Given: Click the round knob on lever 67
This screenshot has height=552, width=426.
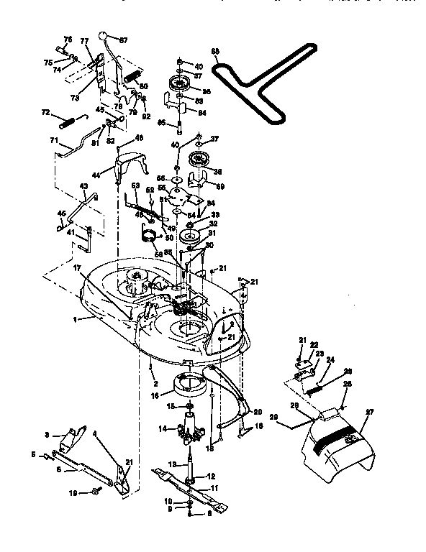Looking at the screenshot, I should tap(105, 37).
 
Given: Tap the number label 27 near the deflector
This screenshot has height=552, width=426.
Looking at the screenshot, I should tap(371, 413).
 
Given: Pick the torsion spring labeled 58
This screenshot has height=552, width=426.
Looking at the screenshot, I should tap(150, 236).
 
